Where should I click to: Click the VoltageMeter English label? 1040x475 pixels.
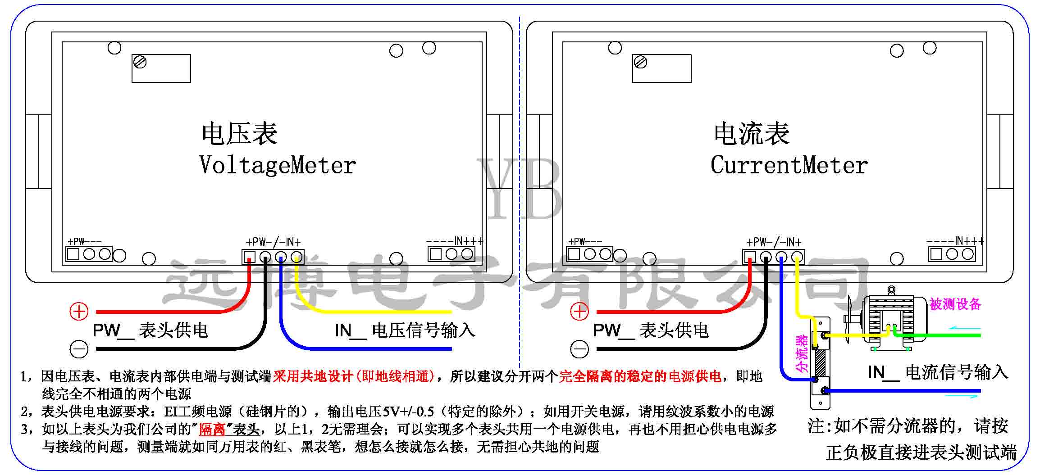coord(278,165)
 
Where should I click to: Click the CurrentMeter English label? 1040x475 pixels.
coord(789,165)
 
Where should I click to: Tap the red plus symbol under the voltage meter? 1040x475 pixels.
coord(79,311)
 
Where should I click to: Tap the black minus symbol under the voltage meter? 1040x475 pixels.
coord(79,349)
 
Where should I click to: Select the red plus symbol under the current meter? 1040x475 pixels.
coord(579,311)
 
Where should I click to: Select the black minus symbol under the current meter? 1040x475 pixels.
coord(579,349)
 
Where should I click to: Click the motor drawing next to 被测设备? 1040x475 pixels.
coord(888,320)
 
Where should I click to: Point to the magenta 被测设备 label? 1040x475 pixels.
coord(955,304)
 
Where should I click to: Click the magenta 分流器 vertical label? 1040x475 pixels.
coord(803,353)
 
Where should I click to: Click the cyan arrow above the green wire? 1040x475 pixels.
coord(964,328)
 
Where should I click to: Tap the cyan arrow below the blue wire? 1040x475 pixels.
coord(962,396)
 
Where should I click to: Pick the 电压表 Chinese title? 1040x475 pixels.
coord(239,134)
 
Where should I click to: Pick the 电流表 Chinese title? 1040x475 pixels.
coord(752,134)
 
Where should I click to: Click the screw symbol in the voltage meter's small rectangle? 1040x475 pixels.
coord(141,62)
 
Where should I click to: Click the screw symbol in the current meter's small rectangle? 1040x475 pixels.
coord(640,62)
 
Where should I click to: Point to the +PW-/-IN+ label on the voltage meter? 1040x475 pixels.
coord(273,242)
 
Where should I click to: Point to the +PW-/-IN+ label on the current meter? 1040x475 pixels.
coord(774,242)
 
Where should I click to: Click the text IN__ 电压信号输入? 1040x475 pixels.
coord(405,330)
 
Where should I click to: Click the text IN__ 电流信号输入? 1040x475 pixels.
coord(938,372)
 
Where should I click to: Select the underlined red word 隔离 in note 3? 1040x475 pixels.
coord(212,429)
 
